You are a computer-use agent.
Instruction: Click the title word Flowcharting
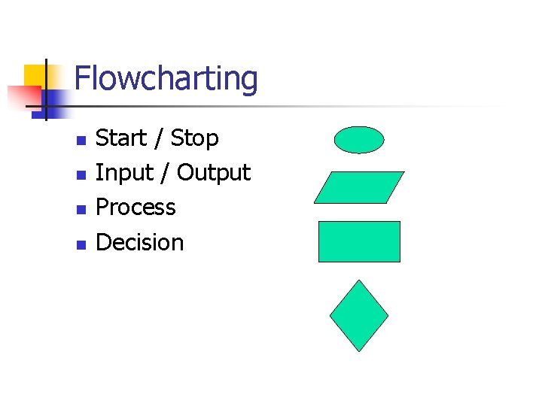[x=166, y=79]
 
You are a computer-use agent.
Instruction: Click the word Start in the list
[x=121, y=138]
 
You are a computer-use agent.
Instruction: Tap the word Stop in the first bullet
[x=194, y=139]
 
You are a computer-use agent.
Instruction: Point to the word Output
[x=213, y=174]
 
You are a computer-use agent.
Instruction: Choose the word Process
[x=135, y=208]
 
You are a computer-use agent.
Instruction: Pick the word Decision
[x=140, y=242]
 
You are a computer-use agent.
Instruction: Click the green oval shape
[x=359, y=140]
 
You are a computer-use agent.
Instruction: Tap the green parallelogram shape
[x=359, y=187]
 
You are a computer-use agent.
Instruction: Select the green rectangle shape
[x=359, y=241]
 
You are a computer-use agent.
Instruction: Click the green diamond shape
[x=359, y=316]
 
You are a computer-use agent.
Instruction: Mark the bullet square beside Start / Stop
[x=81, y=140]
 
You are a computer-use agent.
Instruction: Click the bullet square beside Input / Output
[x=81, y=174]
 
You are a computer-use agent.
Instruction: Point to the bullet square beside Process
[x=81, y=209]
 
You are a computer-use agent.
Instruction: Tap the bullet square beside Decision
[x=81, y=244]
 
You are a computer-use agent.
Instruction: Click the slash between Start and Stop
[x=158, y=139]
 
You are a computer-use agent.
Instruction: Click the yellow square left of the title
[x=35, y=75]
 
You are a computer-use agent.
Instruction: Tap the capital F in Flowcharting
[x=83, y=79]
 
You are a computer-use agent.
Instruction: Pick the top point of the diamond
[x=359, y=281]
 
